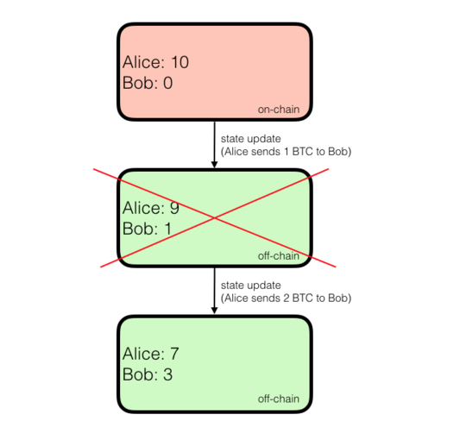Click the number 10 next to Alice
(x=180, y=62)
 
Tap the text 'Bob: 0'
(x=148, y=83)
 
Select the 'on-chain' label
(x=279, y=110)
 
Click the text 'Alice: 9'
(x=151, y=208)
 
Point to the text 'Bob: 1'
(x=147, y=229)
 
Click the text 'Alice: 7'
(x=151, y=354)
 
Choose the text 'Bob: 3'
(x=148, y=374)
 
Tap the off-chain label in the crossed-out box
(x=279, y=256)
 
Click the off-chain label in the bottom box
(x=279, y=399)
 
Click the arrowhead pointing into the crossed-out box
(x=214, y=164)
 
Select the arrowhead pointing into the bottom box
(x=214, y=311)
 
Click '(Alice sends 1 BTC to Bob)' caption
(x=287, y=152)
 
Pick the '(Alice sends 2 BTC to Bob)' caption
(x=287, y=298)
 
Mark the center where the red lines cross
(x=215, y=218)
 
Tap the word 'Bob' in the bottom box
(x=137, y=374)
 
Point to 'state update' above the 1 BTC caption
(x=251, y=139)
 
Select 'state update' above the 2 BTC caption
(x=251, y=286)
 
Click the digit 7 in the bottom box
(x=174, y=354)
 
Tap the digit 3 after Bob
(x=168, y=374)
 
